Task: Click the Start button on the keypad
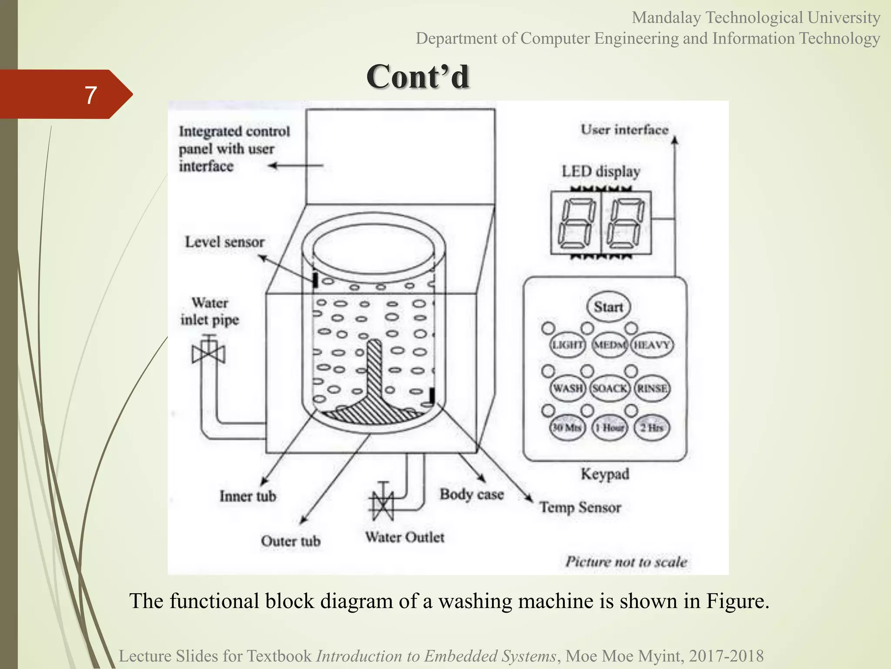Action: point(609,307)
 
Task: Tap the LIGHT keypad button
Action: point(567,345)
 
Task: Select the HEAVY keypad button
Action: point(651,345)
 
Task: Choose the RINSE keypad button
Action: point(652,388)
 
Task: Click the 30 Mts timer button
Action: point(567,428)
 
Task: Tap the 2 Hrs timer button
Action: point(651,428)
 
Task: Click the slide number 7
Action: point(90,95)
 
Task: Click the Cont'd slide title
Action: point(417,77)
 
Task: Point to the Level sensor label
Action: point(224,242)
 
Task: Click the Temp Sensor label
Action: point(580,508)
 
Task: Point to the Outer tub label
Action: point(291,541)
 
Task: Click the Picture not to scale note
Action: point(626,562)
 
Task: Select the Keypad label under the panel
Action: point(605,474)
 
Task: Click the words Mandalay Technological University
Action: point(756,18)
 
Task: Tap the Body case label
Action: point(472,495)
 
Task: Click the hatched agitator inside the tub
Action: point(375,392)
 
